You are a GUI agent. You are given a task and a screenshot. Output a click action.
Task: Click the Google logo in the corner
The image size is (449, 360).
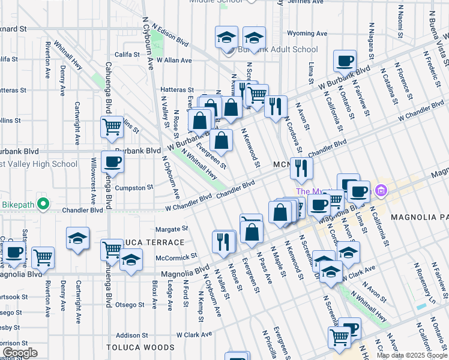(19, 352)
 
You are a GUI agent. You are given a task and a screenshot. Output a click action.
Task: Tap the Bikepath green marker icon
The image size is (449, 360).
(42, 205)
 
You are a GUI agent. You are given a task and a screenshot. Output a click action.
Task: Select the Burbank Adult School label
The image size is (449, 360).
(279, 50)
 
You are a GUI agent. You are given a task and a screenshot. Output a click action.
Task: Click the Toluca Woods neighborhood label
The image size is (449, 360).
(140, 347)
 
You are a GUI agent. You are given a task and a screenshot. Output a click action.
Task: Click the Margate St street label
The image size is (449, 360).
(172, 229)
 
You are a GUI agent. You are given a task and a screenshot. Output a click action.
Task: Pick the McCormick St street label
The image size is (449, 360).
(176, 256)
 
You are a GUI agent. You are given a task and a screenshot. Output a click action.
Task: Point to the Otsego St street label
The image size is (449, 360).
(130, 304)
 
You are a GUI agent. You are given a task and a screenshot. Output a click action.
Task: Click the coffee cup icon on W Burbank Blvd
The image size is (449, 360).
(345, 61)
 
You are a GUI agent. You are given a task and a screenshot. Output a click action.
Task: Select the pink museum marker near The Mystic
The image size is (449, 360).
(379, 191)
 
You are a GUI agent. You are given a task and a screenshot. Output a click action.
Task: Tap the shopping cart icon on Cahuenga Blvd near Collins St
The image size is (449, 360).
(112, 127)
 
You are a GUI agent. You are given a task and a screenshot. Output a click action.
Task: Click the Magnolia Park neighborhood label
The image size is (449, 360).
(419, 216)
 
